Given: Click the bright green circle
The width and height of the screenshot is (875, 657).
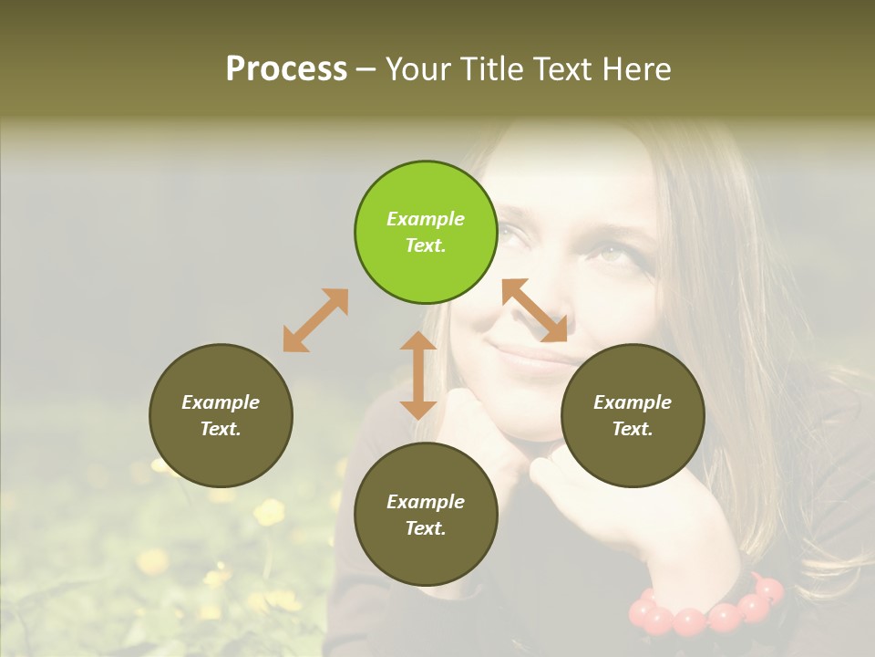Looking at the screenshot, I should click(426, 232).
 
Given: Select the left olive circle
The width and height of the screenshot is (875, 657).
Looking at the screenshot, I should click(221, 415).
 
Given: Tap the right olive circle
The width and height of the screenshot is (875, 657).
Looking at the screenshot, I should click(633, 415).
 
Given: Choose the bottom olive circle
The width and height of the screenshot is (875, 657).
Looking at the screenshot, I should click(426, 515).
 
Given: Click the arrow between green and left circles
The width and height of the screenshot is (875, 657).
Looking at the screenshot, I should click(315, 320).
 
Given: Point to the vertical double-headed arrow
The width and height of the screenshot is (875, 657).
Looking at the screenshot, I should click(418, 375).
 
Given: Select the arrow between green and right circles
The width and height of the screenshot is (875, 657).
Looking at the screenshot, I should click(535, 310).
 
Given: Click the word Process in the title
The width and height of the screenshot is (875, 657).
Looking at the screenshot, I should click(286, 68).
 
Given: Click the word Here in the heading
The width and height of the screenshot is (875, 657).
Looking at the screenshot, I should click(636, 68).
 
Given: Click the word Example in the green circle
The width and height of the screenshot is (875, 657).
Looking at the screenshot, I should click(426, 219).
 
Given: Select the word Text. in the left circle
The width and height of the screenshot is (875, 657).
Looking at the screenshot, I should click(221, 429).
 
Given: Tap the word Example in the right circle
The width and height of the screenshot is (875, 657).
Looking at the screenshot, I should click(633, 402).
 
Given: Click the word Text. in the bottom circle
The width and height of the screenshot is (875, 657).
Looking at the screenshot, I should click(426, 528).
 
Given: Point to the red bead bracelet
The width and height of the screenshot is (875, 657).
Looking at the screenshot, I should click(707, 611).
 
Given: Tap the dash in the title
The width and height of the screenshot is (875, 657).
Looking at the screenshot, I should click(366, 69).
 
